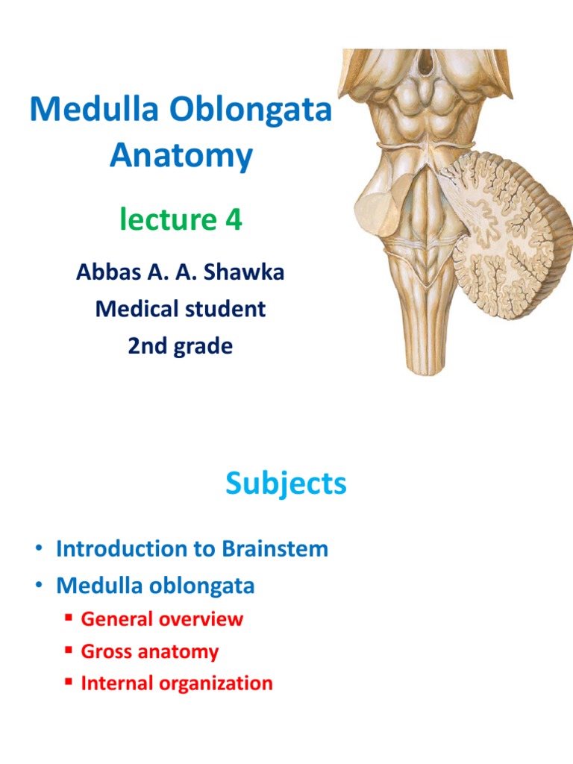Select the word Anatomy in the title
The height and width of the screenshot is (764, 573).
click(x=181, y=157)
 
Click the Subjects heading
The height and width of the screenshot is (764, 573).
click(x=286, y=484)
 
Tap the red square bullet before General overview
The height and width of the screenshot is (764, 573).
click(x=67, y=619)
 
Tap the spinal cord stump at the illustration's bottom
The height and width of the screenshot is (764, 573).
click(x=426, y=343)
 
